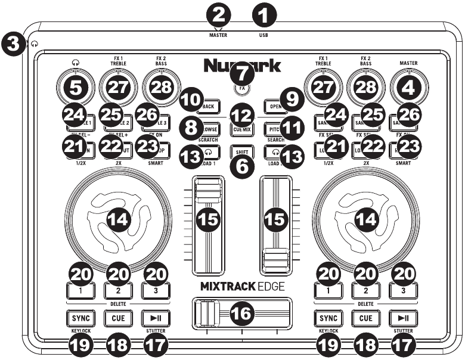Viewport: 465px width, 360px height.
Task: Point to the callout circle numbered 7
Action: pyautogui.click(x=241, y=75)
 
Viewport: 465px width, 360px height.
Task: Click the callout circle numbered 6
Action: pyautogui.click(x=241, y=166)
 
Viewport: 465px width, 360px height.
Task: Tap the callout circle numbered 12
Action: pyautogui.click(x=241, y=113)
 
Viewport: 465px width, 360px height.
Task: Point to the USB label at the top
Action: pyautogui.click(x=263, y=35)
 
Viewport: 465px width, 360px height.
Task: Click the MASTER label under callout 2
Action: pyautogui.click(x=219, y=35)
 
